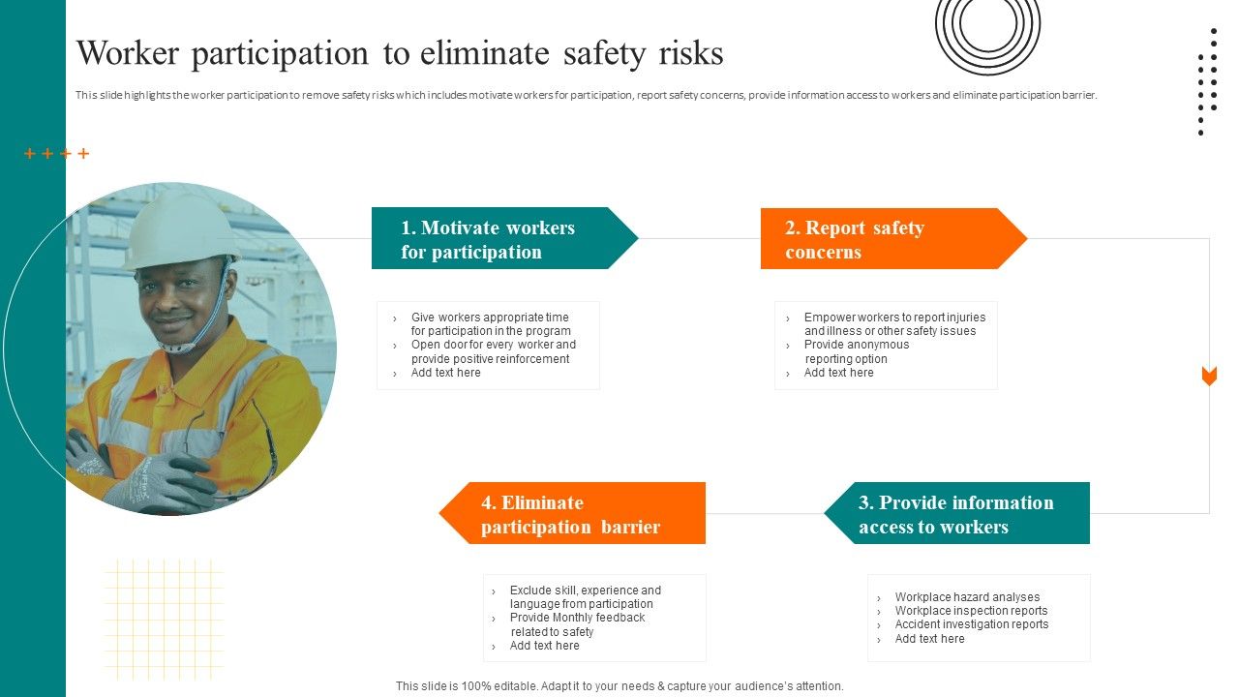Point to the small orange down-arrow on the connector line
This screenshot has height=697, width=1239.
[x=1209, y=377]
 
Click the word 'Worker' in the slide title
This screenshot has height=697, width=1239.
[x=128, y=53]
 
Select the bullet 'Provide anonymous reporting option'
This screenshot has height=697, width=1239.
[x=856, y=351]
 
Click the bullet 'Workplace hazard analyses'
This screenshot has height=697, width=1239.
[x=967, y=597]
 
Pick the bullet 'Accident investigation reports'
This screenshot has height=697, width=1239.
[x=971, y=624]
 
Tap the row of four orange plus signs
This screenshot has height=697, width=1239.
[x=57, y=154]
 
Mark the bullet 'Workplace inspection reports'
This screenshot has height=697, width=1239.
[x=971, y=611]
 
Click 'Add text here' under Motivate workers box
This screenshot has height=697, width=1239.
[x=445, y=373]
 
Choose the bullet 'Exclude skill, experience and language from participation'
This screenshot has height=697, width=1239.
[x=585, y=597]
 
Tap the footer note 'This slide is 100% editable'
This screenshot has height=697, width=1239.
[x=619, y=685]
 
